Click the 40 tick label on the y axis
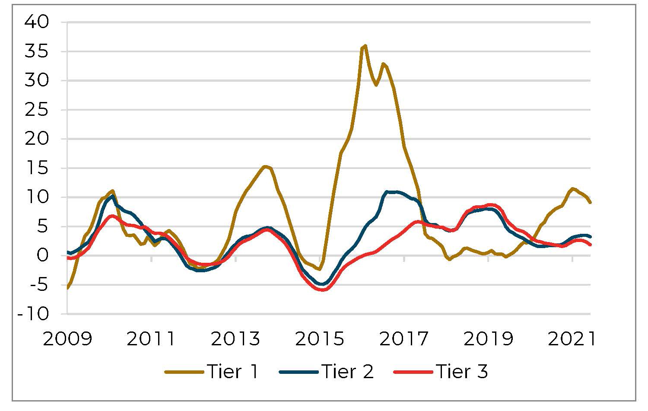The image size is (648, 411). tap(37, 22)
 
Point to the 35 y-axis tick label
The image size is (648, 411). tap(37, 51)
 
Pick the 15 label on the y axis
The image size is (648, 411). tap(37, 168)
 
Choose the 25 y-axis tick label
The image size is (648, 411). tap(37, 110)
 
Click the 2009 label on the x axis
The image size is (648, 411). tap(68, 339)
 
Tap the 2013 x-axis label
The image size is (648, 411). tap(236, 339)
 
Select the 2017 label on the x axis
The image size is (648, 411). tap(404, 339)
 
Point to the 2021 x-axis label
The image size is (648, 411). tap(572, 339)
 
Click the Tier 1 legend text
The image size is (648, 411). tap(233, 372)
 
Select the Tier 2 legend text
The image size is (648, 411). tap(348, 372)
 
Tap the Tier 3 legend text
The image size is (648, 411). tap(462, 372)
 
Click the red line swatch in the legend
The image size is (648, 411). tap(413, 372)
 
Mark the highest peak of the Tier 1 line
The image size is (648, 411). tap(365, 45)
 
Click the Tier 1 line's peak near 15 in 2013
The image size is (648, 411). tap(265, 166)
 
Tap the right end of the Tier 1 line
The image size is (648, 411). tap(590, 202)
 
